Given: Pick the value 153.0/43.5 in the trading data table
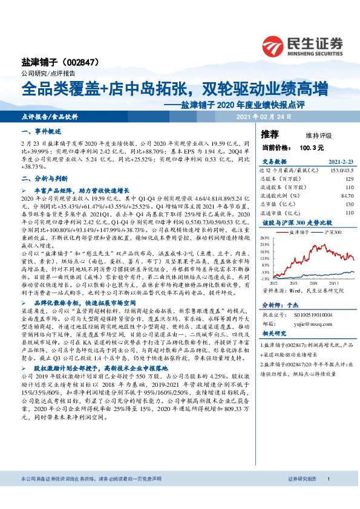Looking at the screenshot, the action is [339, 172].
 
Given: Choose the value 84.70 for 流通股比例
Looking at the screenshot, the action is [346, 196].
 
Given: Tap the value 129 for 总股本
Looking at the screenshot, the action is [349, 180].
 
